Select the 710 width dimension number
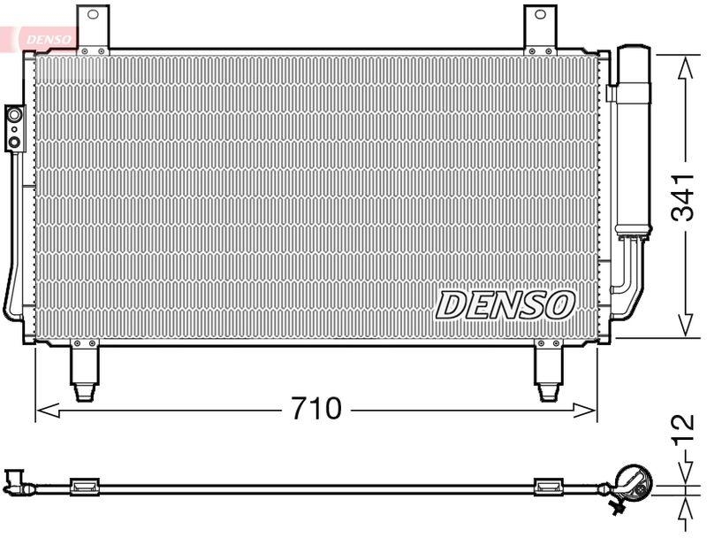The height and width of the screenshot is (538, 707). [x=315, y=409]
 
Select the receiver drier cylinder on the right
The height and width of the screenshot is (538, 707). [x=633, y=142]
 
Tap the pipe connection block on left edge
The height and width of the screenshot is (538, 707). [x=14, y=126]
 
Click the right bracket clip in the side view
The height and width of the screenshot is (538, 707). [x=549, y=484]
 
